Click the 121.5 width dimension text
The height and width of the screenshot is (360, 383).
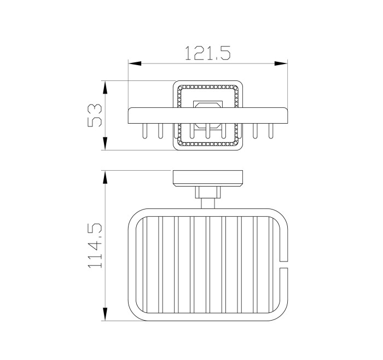coord(207,53)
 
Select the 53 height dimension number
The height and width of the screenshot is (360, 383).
coord(95,115)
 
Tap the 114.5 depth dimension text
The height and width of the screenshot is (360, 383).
coord(95,246)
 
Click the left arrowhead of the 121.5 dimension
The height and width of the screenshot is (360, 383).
coord(135,63)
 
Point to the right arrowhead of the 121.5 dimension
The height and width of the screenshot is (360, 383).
coord(281,63)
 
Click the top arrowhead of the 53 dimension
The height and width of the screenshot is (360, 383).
coord(105,88)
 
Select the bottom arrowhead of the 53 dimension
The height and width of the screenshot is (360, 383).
coord(105,143)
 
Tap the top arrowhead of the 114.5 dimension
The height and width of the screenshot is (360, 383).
coord(105,177)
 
